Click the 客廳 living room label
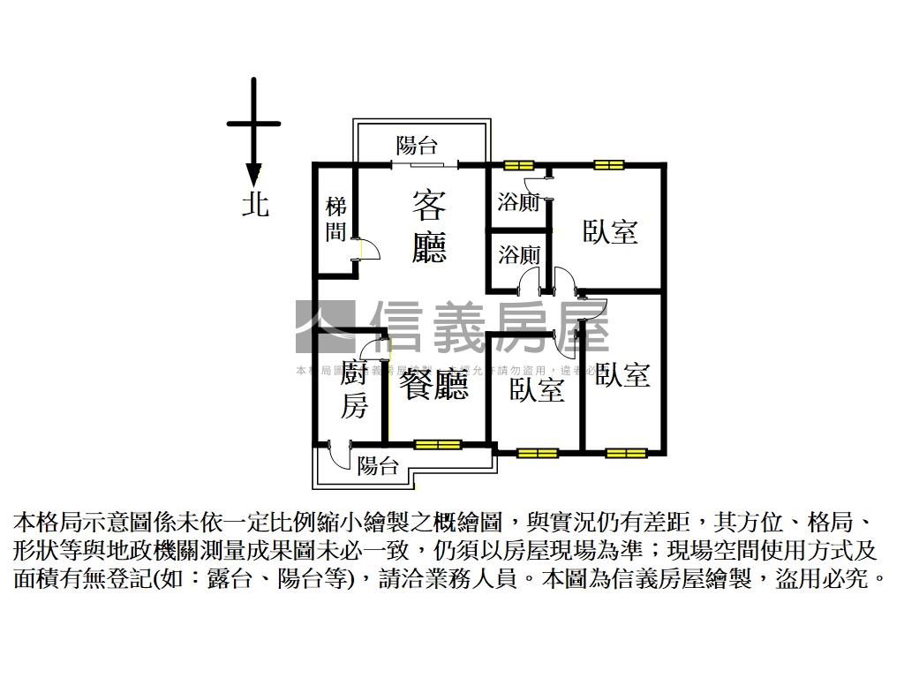click(x=429, y=227)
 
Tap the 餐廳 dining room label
click(x=433, y=385)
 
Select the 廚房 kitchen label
click(x=353, y=390)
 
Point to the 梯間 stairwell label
click(x=336, y=220)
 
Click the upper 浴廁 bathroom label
click(x=518, y=202)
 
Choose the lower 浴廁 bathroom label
click(x=518, y=256)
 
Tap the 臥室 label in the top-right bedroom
click(x=610, y=232)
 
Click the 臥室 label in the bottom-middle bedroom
click(x=537, y=390)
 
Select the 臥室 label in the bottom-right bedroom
click(x=622, y=375)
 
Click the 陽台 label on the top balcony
click(x=416, y=146)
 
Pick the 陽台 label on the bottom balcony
click(x=378, y=466)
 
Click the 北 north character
click(x=255, y=205)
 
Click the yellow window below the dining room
click(x=437, y=444)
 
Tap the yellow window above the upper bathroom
click(x=518, y=164)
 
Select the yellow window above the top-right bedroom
click(x=608, y=164)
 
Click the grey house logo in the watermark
click(x=325, y=327)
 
